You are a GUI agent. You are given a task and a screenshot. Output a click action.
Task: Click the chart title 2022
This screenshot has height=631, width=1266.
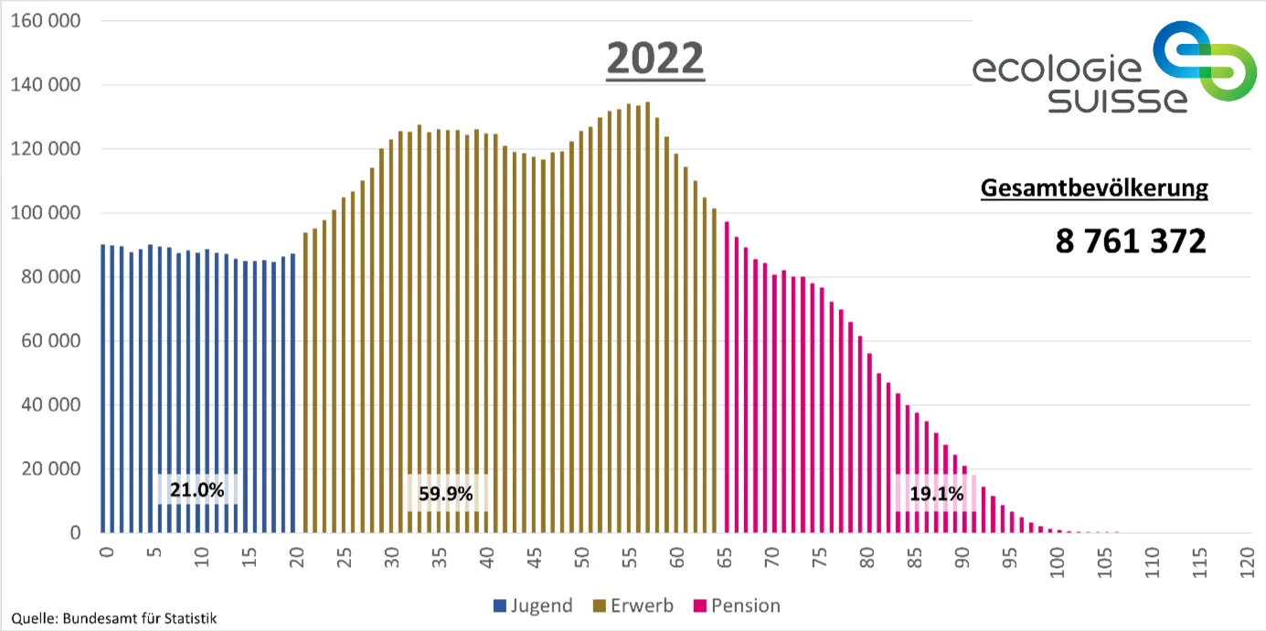tap(655, 59)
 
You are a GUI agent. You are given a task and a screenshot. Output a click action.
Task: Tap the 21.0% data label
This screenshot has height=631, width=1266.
tap(197, 489)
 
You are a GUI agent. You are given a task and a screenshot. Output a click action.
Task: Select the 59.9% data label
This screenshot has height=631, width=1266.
tap(446, 494)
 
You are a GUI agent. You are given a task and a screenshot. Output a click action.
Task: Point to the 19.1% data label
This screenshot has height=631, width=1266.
tap(936, 494)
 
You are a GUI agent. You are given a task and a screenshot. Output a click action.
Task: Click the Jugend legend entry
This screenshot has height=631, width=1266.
tap(532, 605)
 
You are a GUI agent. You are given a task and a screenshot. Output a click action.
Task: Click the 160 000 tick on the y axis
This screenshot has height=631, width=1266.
tap(45, 20)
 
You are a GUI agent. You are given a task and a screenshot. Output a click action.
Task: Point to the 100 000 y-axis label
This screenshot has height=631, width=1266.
tap(45, 212)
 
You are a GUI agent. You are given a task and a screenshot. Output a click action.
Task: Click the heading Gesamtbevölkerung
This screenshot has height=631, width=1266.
tap(1093, 189)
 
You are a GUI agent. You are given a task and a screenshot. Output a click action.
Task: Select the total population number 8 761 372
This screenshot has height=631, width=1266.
tap(1130, 241)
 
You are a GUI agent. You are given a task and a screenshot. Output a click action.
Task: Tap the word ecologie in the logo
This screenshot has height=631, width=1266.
tap(1057, 70)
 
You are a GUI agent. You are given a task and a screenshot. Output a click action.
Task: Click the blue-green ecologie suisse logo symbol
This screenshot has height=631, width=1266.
tap(1198, 62)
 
